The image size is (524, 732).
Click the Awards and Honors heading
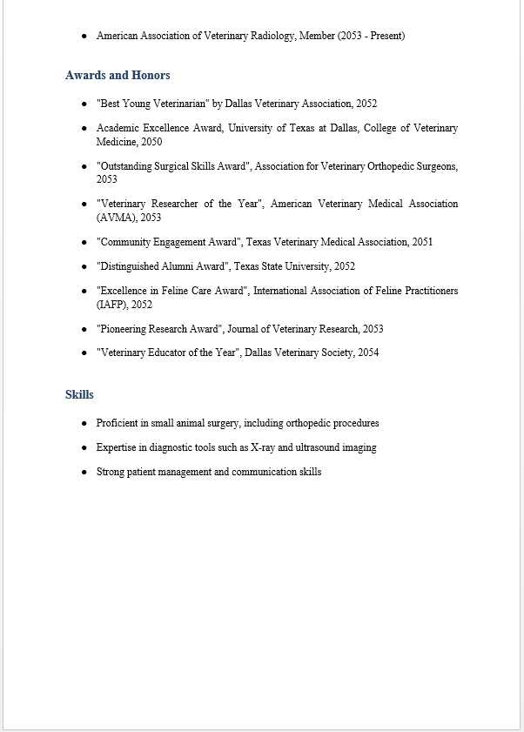click(x=118, y=75)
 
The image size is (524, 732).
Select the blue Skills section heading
click(x=79, y=394)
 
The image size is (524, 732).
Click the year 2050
click(x=151, y=142)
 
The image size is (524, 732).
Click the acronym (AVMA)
click(x=116, y=218)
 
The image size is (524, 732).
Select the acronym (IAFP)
click(x=112, y=305)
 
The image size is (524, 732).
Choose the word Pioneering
click(x=127, y=329)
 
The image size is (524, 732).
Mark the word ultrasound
click(x=322, y=447)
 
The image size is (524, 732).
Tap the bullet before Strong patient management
click(x=84, y=472)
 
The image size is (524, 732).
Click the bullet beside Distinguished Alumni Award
click(x=84, y=266)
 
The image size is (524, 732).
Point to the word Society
click(x=334, y=353)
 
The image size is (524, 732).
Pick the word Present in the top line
click(x=384, y=36)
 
